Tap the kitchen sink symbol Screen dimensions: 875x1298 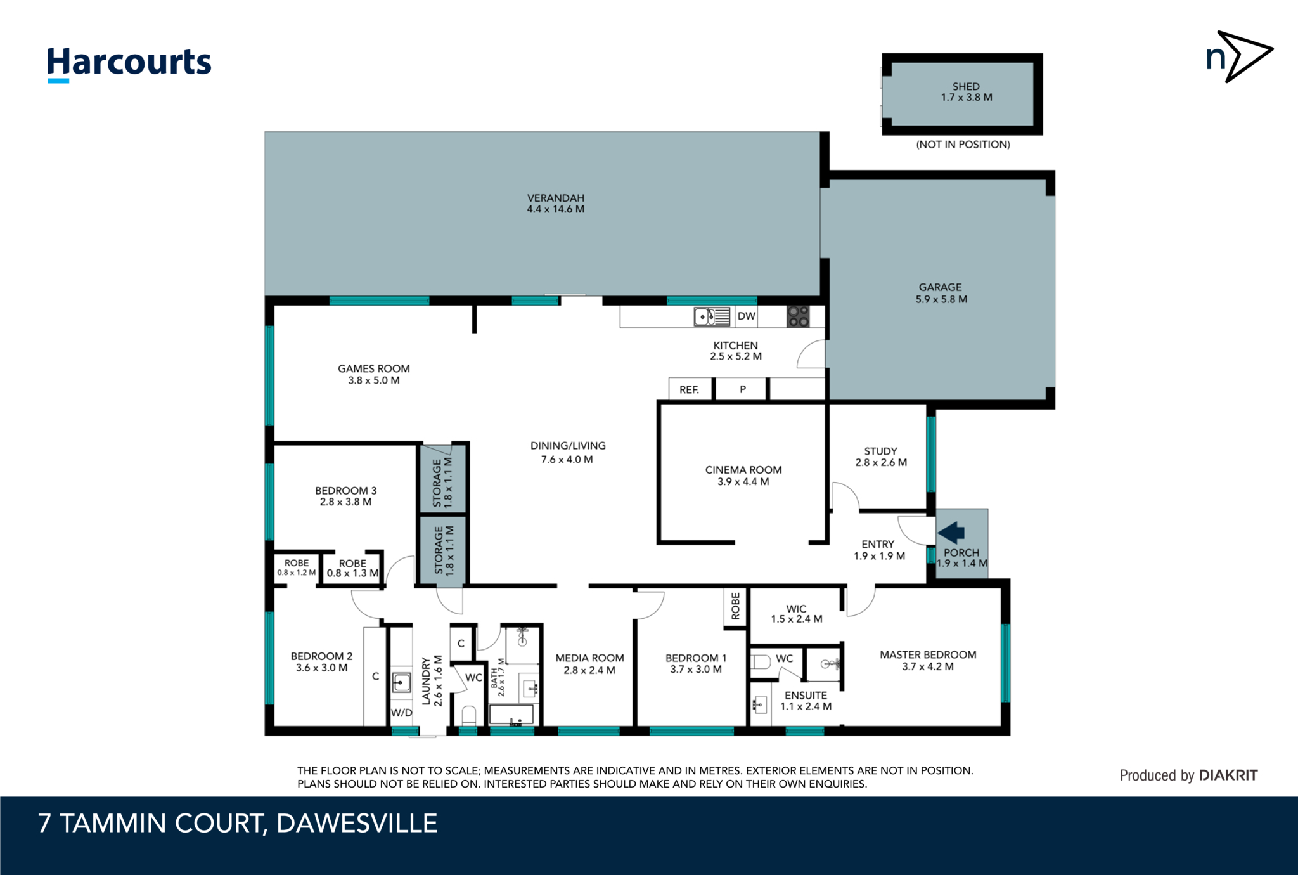tap(712, 316)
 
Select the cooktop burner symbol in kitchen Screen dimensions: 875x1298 tap(798, 316)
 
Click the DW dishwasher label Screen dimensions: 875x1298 tap(747, 316)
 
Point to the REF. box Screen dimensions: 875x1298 tap(690, 389)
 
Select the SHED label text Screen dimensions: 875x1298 tap(966, 86)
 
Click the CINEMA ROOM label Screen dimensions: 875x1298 tap(743, 470)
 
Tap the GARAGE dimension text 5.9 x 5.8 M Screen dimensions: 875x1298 tap(941, 299)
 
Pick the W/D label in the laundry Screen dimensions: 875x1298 tap(401, 713)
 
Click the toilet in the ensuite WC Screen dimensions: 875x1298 tap(761, 662)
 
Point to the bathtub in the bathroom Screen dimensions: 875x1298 tap(511, 715)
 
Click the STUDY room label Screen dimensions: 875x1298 tap(880, 451)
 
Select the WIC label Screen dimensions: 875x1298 tap(796, 608)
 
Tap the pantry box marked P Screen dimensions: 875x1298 tap(742, 389)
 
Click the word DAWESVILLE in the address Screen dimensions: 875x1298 tap(357, 823)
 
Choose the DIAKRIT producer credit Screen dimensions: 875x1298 tap(1228, 775)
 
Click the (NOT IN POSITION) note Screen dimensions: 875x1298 tap(963, 145)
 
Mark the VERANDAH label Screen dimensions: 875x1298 tap(556, 198)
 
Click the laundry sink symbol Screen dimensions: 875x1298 tap(401, 682)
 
